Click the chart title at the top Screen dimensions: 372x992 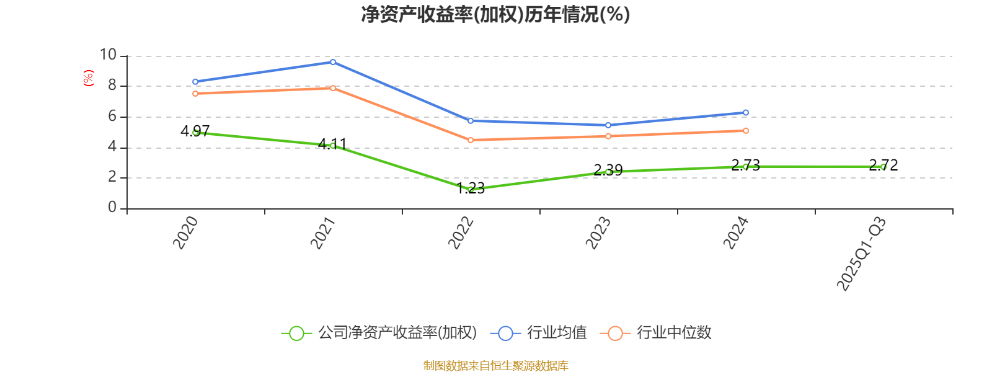click(x=495, y=14)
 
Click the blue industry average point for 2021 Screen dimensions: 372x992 click(x=333, y=62)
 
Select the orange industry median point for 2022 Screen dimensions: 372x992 click(x=471, y=140)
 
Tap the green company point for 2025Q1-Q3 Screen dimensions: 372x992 click(x=883, y=167)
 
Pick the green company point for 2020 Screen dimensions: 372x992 click(x=195, y=132)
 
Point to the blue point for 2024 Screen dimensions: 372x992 click(x=746, y=113)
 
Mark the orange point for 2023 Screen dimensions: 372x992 click(x=608, y=136)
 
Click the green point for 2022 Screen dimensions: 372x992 click(x=471, y=189)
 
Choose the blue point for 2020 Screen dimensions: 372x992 click(x=195, y=82)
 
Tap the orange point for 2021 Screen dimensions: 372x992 click(x=333, y=88)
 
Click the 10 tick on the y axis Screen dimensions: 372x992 click(x=108, y=55)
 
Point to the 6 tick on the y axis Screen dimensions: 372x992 click(x=112, y=116)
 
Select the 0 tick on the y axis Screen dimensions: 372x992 click(x=112, y=208)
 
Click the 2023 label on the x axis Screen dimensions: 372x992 click(x=599, y=232)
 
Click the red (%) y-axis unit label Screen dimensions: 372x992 click(x=89, y=78)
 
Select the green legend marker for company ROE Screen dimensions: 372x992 click(x=297, y=334)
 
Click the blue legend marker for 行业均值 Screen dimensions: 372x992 click(x=505, y=334)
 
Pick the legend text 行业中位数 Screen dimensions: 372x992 click(x=674, y=333)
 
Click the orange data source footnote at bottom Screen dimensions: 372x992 click(x=495, y=366)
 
